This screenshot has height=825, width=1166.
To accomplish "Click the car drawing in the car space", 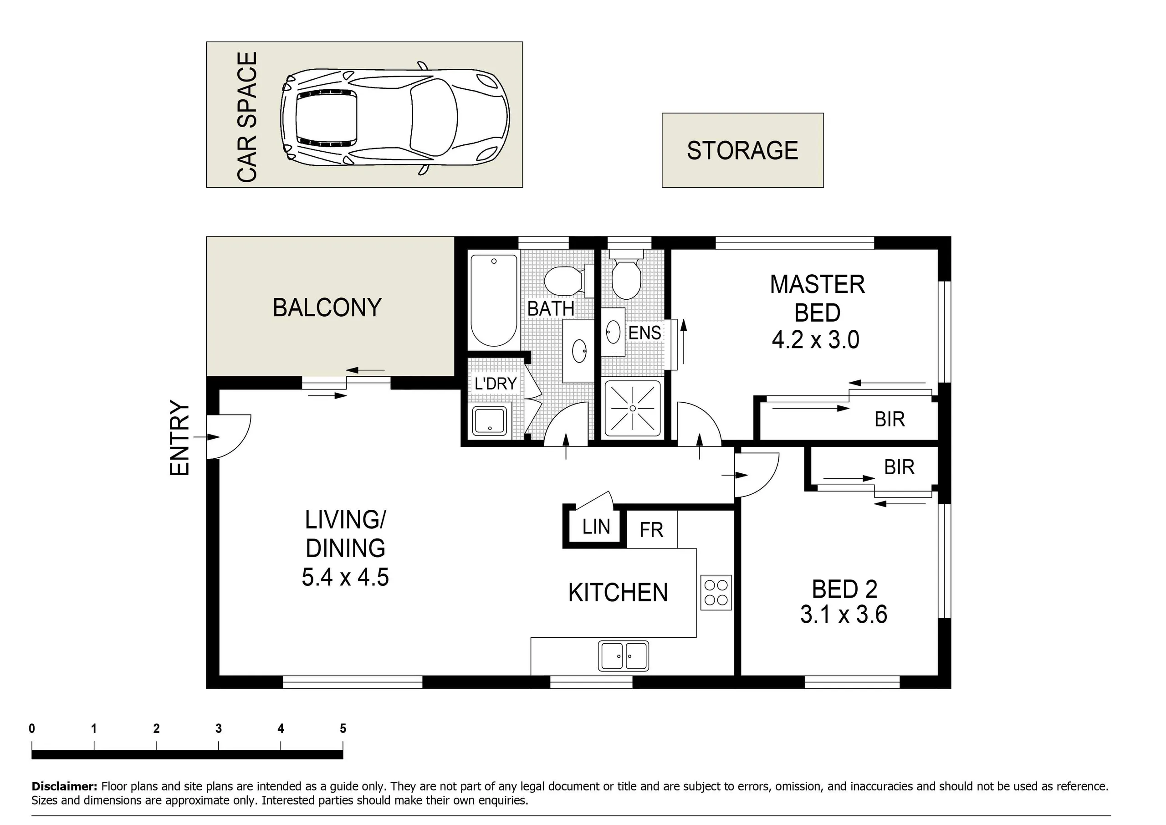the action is click(x=394, y=118).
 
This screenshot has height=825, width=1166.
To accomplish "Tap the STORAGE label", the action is click(x=742, y=150).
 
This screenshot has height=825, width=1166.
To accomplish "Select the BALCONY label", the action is click(x=327, y=307).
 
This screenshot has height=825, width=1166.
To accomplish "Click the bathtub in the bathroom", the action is click(x=494, y=300).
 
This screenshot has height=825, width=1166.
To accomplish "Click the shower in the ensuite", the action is click(x=633, y=408).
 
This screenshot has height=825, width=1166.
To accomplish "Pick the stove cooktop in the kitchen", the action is click(x=716, y=592).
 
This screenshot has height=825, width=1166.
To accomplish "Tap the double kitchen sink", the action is click(x=623, y=656).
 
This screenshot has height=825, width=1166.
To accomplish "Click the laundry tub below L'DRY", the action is click(x=490, y=420).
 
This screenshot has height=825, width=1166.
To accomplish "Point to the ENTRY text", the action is click(x=179, y=438).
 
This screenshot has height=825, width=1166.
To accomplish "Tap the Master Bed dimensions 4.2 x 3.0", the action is click(x=816, y=339).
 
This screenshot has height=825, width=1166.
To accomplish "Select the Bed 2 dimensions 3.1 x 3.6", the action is click(x=844, y=614).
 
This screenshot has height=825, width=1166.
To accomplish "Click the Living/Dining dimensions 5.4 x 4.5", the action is click(x=345, y=577).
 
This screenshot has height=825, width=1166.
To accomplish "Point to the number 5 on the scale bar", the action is click(x=343, y=728).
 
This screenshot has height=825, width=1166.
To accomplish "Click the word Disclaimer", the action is click(x=64, y=786).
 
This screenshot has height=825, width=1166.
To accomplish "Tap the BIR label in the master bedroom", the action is click(x=890, y=419).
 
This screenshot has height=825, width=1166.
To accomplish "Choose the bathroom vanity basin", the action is click(x=579, y=350).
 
